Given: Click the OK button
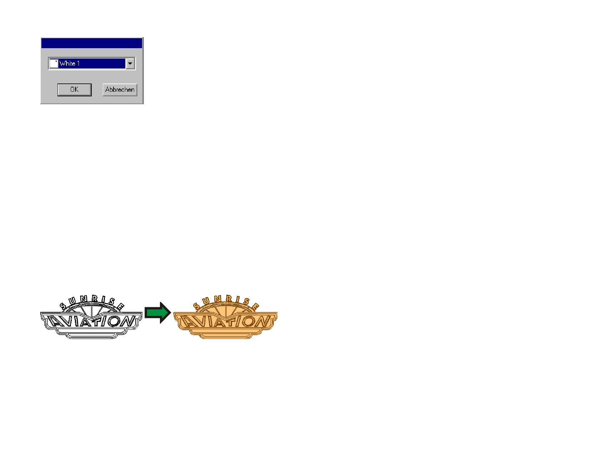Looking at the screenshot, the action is [x=74, y=90].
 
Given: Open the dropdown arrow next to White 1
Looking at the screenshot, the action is [x=130, y=64].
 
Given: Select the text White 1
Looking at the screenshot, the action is [x=69, y=64].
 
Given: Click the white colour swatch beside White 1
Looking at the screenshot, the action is [x=54, y=64].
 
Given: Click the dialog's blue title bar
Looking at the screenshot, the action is [x=92, y=43].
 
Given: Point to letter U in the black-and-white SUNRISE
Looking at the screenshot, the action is [x=72, y=301].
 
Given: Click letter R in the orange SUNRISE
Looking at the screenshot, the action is [x=229, y=299].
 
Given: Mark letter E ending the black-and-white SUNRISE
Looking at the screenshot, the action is [x=120, y=307].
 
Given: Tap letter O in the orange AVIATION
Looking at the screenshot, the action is [x=248, y=322].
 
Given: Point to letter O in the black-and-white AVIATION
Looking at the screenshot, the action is [x=114, y=321].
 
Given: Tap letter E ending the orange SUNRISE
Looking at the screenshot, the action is [x=255, y=307].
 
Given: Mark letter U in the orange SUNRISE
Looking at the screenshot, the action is [x=206, y=301].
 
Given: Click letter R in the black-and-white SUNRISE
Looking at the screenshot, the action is [x=95, y=299].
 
